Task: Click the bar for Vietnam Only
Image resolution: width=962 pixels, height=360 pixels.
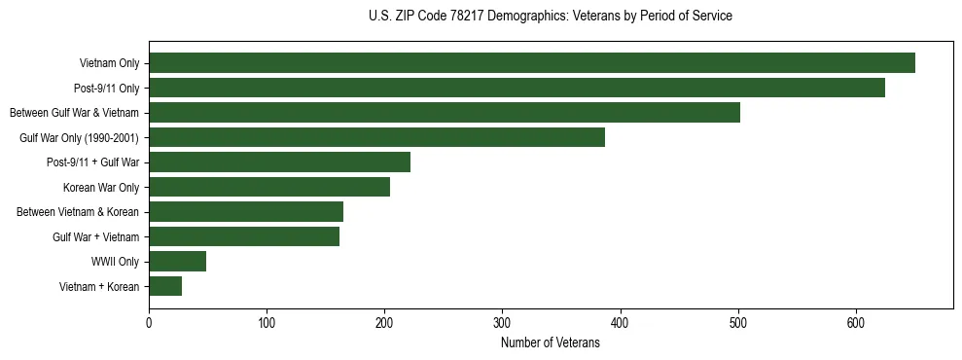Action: tap(531, 63)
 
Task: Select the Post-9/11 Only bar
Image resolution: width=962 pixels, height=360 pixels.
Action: tap(517, 88)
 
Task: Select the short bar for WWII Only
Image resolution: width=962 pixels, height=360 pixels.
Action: tap(177, 262)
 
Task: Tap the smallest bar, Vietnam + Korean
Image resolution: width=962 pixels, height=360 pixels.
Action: tap(165, 286)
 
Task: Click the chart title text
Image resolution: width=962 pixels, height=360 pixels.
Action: tap(551, 17)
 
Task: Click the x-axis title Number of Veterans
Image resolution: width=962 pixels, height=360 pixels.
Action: tap(551, 343)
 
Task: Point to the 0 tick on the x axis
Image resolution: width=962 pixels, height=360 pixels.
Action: tap(149, 323)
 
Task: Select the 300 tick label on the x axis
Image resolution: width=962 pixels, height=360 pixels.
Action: tap(502, 323)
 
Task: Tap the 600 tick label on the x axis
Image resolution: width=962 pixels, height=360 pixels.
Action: tap(856, 323)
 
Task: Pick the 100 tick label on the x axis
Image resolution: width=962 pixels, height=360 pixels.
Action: tap(267, 323)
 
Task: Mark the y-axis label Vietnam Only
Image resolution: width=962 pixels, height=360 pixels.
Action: tap(109, 63)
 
